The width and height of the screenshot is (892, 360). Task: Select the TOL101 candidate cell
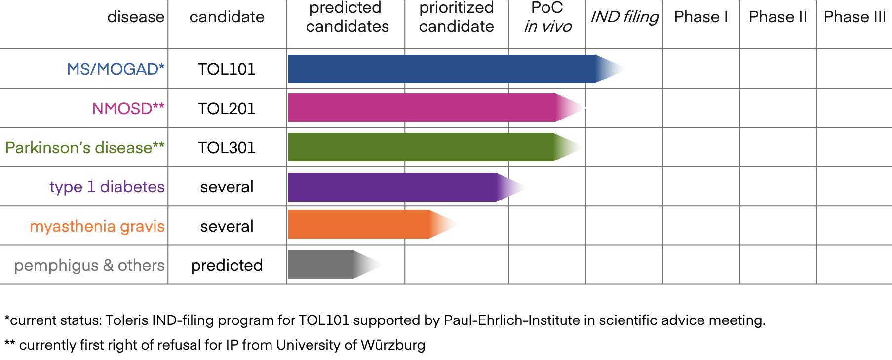point(227,69)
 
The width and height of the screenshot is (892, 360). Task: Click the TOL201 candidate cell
point(227,108)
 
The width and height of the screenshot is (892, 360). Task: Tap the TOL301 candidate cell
point(227,147)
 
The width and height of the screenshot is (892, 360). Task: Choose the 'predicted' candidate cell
point(227,265)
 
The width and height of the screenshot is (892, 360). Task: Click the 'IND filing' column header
point(624,17)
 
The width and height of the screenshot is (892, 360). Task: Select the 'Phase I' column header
point(701,17)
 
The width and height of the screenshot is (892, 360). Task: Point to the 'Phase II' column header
point(778,17)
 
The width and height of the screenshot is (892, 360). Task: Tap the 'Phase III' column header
point(854,17)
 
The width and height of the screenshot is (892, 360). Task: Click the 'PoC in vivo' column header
point(547,17)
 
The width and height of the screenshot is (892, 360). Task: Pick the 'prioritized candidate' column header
point(457,17)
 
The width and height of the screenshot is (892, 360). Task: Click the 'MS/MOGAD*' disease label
point(116,69)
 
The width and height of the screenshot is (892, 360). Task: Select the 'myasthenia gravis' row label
point(97,226)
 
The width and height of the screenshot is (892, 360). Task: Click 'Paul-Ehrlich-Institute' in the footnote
point(512,320)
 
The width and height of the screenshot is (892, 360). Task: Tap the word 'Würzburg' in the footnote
point(392,345)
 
